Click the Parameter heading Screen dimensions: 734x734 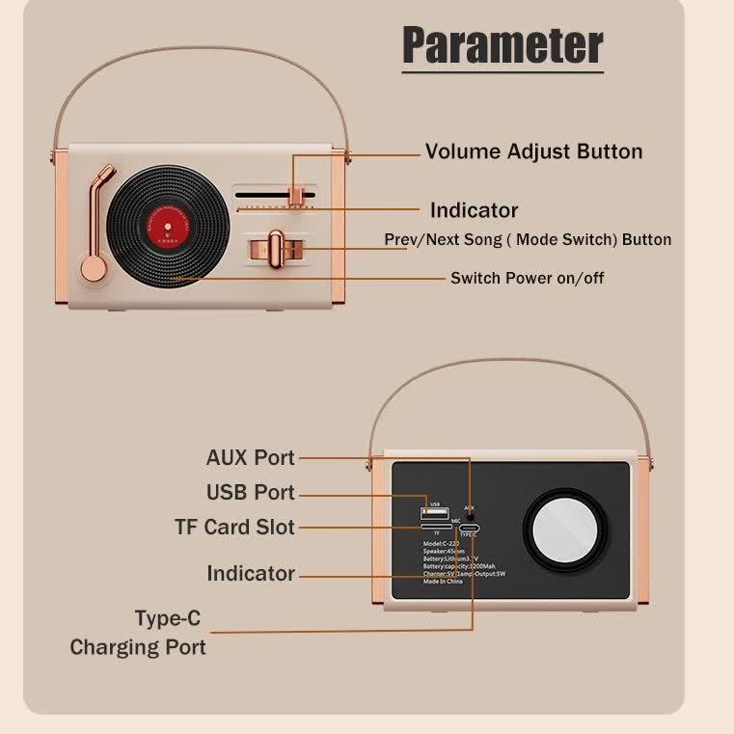[x=503, y=44]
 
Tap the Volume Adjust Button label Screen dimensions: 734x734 [x=533, y=151]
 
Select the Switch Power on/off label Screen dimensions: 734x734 [x=527, y=278]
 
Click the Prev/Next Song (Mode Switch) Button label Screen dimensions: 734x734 [x=528, y=239]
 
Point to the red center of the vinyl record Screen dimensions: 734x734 [x=167, y=228]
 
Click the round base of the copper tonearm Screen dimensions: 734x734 [x=94, y=267]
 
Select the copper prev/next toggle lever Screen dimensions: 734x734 [x=276, y=249]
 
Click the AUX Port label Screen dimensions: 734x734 [x=250, y=457]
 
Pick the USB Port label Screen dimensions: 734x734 [x=250, y=492]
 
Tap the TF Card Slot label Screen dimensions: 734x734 [x=234, y=528]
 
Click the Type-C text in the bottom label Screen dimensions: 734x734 [x=168, y=618]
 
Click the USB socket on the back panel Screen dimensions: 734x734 [x=432, y=511]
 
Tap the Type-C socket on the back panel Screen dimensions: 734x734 [x=470, y=529]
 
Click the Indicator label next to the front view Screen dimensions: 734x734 [x=474, y=210]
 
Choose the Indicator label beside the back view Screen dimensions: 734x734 [x=250, y=574]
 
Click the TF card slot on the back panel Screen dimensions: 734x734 [x=434, y=526]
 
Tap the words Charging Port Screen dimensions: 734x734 [x=138, y=647]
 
